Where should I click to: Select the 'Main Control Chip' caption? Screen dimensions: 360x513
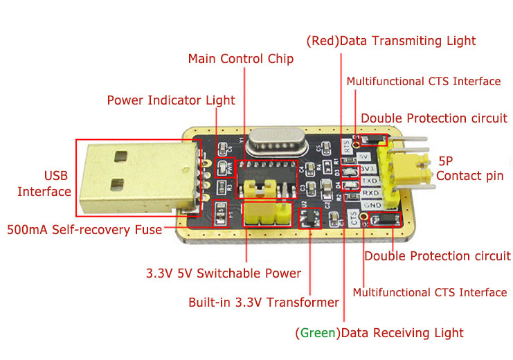(241, 59)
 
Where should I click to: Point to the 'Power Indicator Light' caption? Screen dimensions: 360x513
(171, 100)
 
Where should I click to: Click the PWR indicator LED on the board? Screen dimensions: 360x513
(224, 166)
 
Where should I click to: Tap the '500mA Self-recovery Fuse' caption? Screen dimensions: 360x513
(84, 229)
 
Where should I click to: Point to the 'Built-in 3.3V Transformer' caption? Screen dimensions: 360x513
(264, 303)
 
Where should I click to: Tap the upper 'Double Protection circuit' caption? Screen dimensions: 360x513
(433, 118)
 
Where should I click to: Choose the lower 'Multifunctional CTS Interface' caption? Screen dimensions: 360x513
(429, 293)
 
